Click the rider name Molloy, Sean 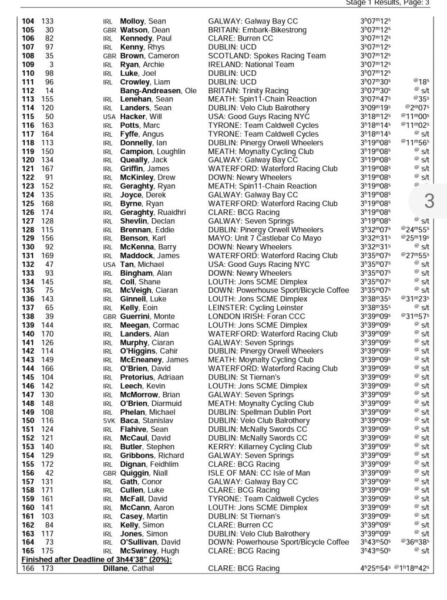click(143, 21)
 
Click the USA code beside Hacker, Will click(109, 117)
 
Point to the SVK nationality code click(109, 421)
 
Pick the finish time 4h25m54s click(375, 568)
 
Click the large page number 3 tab click(429, 201)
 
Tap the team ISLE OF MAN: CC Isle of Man click(259, 473)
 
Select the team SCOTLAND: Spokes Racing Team click(267, 56)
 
